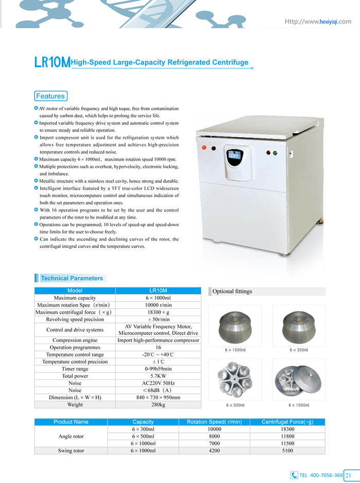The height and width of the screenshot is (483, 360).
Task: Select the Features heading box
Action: click(x=50, y=96)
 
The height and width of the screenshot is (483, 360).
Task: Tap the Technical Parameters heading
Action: click(x=71, y=278)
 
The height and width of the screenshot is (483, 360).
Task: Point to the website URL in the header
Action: click(x=318, y=22)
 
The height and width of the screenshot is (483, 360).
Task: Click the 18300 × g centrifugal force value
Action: click(x=158, y=312)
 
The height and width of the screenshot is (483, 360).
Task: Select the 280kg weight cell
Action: click(x=158, y=405)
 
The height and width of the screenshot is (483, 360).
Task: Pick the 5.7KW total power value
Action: click(x=158, y=376)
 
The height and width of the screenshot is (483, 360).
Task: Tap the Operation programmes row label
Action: click(x=75, y=347)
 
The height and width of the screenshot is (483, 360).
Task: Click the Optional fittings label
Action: click(x=232, y=292)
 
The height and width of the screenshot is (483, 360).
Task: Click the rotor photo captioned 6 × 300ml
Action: click(x=299, y=326)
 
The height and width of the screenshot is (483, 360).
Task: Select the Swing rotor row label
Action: click(x=71, y=451)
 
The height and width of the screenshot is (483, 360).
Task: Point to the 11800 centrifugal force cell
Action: click(x=287, y=436)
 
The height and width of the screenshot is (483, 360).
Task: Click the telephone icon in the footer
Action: click(x=294, y=475)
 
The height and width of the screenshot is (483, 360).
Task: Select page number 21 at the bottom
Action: click(x=348, y=475)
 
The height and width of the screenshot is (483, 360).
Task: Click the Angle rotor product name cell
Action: click(x=71, y=436)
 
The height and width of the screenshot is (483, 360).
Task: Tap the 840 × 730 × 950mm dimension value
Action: click(x=158, y=398)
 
